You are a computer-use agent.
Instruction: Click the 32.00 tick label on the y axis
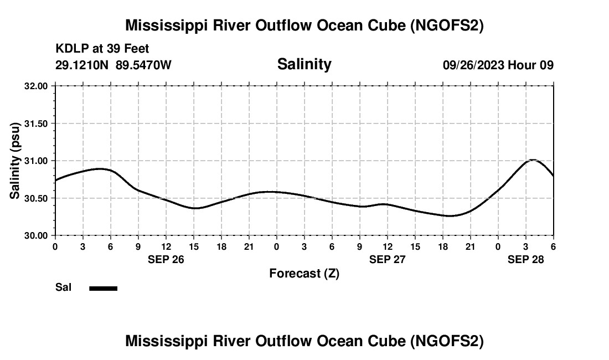tap(36, 86)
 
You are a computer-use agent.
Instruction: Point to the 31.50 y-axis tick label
tap(36, 124)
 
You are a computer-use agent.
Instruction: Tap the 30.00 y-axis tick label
tap(36, 235)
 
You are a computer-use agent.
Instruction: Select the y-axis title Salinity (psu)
tap(15, 161)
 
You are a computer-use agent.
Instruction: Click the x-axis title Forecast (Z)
tap(304, 273)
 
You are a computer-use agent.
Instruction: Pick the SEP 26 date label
tap(166, 259)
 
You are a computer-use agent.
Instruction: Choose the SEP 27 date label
tap(387, 259)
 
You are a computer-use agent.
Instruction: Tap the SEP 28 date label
tap(525, 259)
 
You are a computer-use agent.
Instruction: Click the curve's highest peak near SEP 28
tap(533, 160)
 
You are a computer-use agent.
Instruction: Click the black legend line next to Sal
tap(103, 288)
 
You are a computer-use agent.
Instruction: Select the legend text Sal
tap(63, 287)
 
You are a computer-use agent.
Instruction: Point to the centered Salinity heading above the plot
tap(304, 64)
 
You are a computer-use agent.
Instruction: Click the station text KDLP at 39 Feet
tap(102, 49)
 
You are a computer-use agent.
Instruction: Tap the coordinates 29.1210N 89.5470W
tap(113, 65)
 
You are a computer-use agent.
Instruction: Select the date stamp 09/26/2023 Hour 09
tap(498, 65)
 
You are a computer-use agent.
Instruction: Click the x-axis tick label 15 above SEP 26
tap(194, 246)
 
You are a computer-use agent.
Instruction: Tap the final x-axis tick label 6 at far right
tap(553, 246)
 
